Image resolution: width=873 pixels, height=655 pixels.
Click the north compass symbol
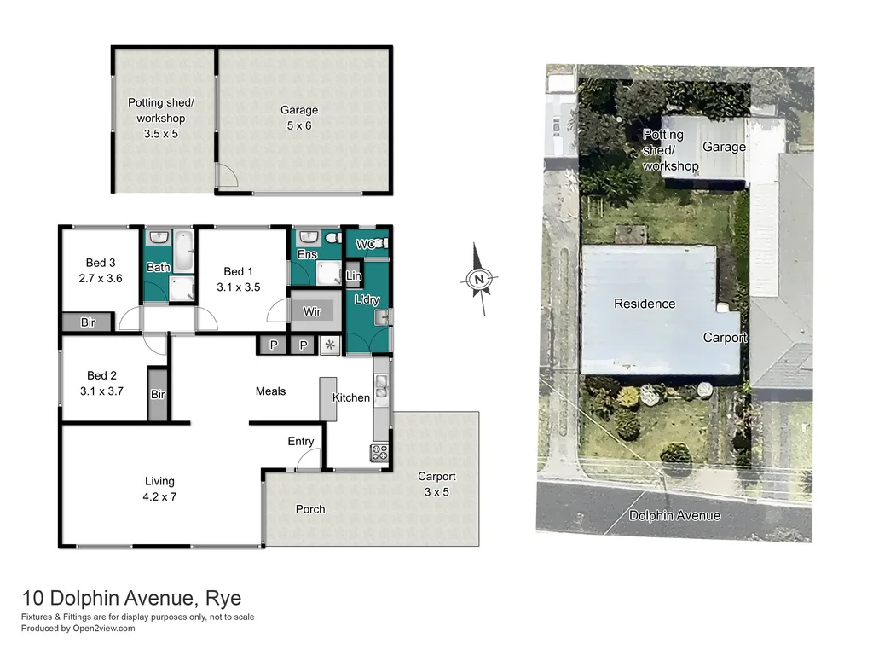coord(480,279)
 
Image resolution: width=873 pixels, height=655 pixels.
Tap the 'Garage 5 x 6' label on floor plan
coord(299,118)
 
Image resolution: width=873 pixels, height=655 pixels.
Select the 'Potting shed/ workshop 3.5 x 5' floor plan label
coord(161,118)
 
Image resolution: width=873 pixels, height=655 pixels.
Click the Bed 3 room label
coord(101,270)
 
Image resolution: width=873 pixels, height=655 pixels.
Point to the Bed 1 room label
coord(236,270)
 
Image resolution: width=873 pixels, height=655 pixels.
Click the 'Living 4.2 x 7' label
coord(159,489)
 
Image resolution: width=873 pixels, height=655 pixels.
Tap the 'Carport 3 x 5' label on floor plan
coord(436,484)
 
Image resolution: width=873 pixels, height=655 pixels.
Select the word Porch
coord(310,509)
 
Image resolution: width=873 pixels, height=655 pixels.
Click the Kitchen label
coord(351,397)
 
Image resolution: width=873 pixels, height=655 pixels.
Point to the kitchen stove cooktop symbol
coord(379,453)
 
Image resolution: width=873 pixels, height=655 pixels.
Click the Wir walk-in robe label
coord(312,311)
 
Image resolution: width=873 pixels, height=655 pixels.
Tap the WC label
coord(365,245)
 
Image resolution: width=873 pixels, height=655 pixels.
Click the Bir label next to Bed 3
coord(88,322)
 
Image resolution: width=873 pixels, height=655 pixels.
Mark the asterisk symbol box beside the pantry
coord(329,345)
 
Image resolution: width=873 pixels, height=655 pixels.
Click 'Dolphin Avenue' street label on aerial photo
coord(674,515)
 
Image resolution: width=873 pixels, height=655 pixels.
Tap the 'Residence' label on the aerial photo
coord(645,304)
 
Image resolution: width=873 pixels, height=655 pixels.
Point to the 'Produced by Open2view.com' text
coord(78,629)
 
